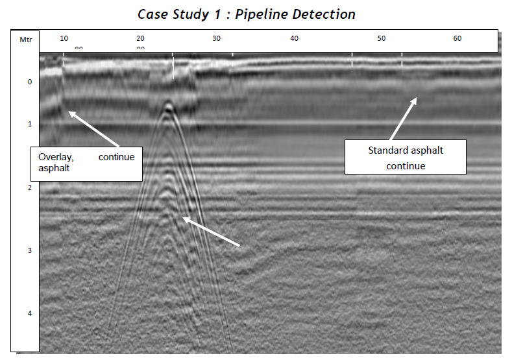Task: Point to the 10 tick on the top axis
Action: tap(62, 39)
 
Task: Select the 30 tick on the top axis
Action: tap(217, 39)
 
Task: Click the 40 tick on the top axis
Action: tap(295, 39)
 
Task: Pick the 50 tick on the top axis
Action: tap(381, 39)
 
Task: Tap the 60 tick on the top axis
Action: tap(457, 39)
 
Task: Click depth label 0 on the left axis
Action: tap(29, 82)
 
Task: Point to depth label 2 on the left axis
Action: tap(29, 187)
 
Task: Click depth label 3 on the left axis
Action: tap(29, 250)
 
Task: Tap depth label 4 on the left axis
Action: tap(29, 313)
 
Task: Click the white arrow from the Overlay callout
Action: tap(93, 128)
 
